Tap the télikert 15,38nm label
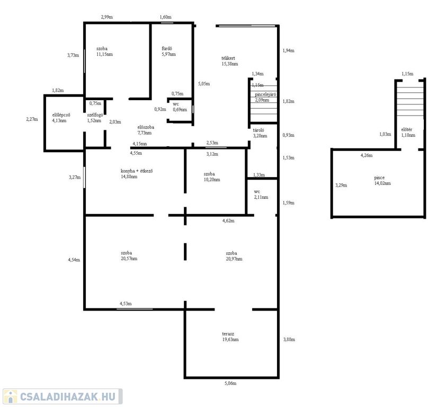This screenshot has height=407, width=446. [229, 61]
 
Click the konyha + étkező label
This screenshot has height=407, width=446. [137, 174]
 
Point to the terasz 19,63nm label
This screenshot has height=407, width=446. [230, 337]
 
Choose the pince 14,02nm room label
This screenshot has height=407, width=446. [382, 180]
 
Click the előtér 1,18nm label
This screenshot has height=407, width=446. [408, 132]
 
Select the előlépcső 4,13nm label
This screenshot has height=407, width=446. [61, 118]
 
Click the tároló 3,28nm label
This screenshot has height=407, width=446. [260, 133]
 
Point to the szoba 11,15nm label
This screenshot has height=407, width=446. [104, 51]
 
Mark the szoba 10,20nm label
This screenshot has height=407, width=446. [212, 177]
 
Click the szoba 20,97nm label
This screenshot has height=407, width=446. [234, 256]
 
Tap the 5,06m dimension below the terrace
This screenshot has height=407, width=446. [230, 383]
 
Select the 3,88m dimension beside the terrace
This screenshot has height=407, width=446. [289, 339]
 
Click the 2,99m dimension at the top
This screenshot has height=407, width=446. [106, 17]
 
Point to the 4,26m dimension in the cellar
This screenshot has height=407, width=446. [367, 155]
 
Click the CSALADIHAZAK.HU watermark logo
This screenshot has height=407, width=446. [63, 396]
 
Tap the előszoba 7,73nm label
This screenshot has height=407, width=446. [145, 130]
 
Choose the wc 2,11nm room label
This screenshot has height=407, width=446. [261, 194]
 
